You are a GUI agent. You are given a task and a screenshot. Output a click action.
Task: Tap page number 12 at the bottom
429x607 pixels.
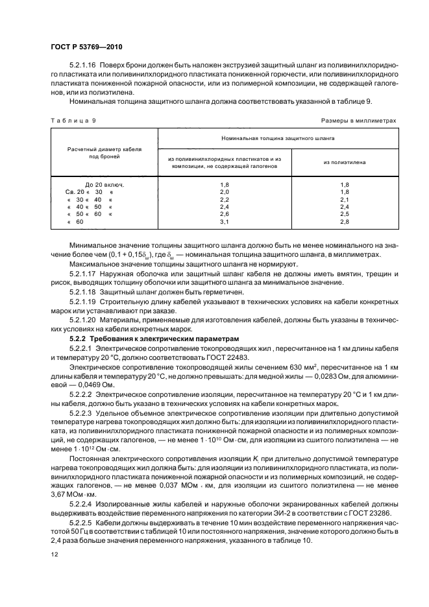54,554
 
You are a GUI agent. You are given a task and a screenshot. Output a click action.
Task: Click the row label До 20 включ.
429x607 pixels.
100,185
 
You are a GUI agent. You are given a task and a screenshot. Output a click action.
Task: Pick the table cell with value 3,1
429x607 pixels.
225,221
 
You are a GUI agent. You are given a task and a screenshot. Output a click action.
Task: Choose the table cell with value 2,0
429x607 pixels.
225,192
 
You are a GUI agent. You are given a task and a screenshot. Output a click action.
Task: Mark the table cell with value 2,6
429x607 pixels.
225,214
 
